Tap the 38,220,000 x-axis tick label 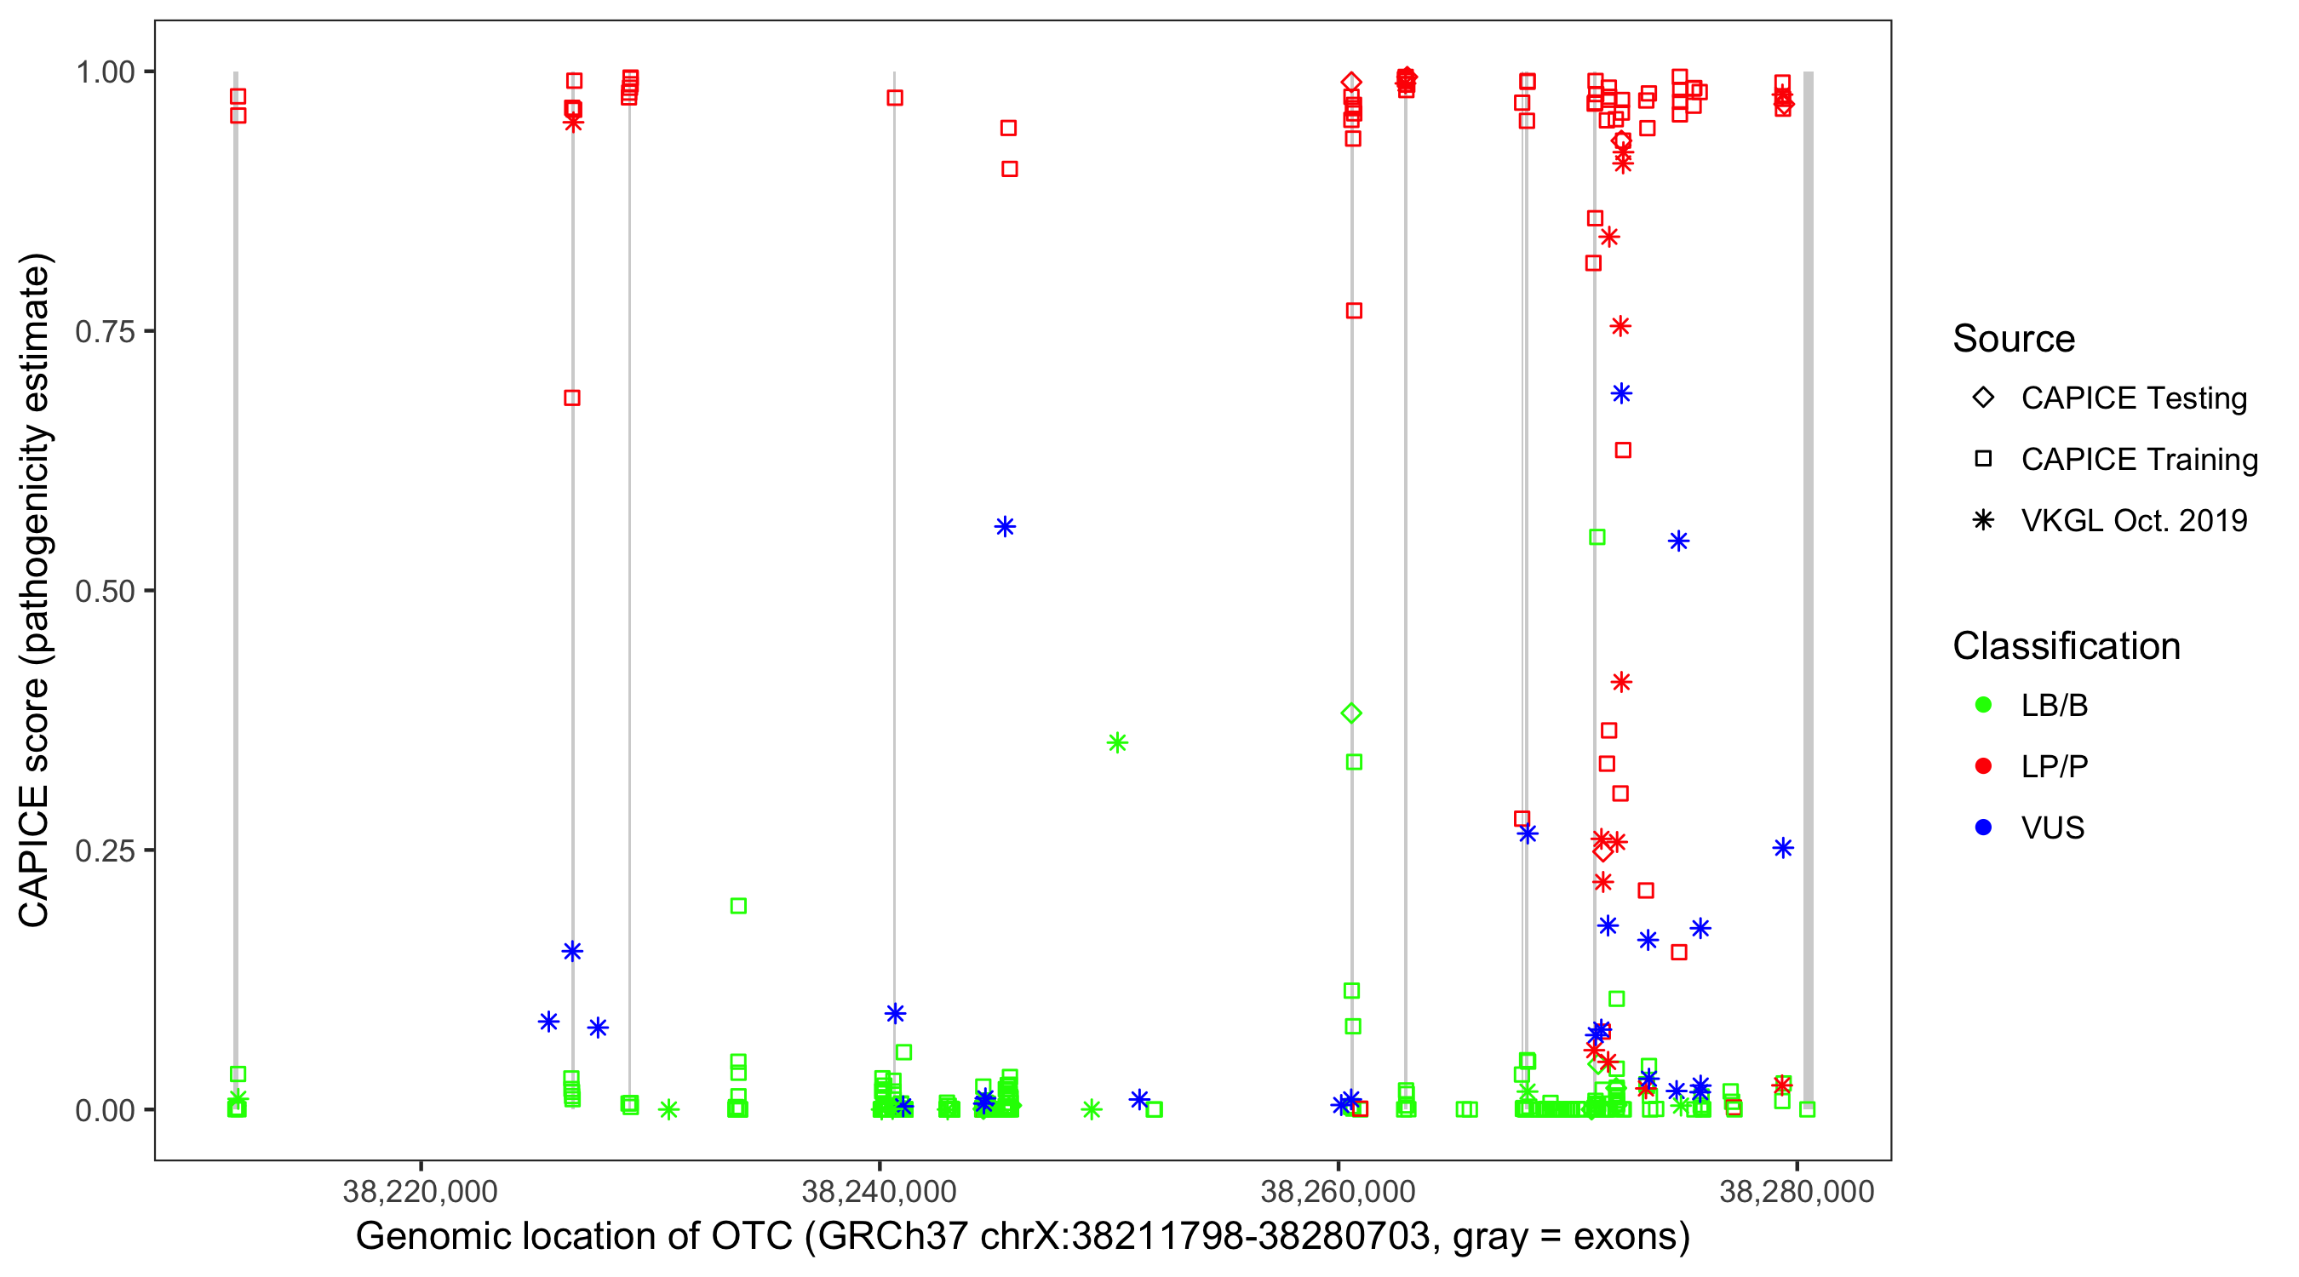[x=420, y=1191]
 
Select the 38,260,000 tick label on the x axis [x=1337, y=1191]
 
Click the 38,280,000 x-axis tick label [x=1796, y=1191]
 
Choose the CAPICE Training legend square [x=1983, y=460]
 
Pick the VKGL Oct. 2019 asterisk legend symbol [x=1983, y=520]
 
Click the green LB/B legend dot [x=1983, y=705]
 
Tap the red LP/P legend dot [x=1983, y=766]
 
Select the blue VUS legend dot [x=1983, y=827]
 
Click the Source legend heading [x=2014, y=339]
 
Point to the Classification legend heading [x=2066, y=646]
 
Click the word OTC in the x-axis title [x=752, y=1237]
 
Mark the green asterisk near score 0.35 [x=1116, y=742]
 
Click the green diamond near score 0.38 [x=1351, y=713]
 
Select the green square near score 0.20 [x=738, y=906]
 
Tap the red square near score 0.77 [x=1354, y=311]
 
